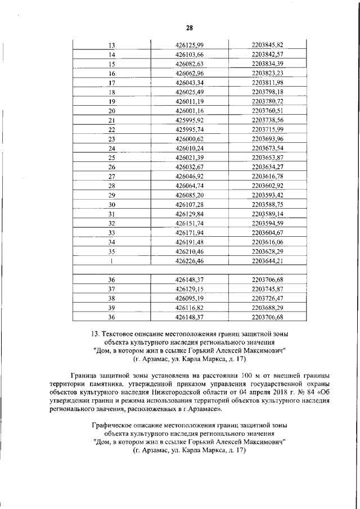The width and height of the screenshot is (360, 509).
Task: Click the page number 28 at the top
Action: point(190,28)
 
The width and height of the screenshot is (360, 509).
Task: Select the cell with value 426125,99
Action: point(190,45)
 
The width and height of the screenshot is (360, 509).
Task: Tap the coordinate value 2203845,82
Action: point(267,45)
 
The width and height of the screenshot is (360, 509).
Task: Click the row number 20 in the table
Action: point(111,111)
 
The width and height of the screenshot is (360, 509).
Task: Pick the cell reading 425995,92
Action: point(190,120)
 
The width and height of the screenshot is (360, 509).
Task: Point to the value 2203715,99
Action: point(267,129)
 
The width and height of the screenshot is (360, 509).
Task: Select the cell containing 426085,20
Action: point(190,195)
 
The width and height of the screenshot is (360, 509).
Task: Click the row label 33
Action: point(111,232)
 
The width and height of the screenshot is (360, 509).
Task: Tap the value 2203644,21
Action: point(267,261)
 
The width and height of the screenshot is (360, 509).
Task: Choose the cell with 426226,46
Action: point(190,261)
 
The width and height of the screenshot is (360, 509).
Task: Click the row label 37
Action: point(111,289)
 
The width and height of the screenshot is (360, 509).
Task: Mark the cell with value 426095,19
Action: point(190,298)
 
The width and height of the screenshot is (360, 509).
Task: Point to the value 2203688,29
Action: point(267,308)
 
